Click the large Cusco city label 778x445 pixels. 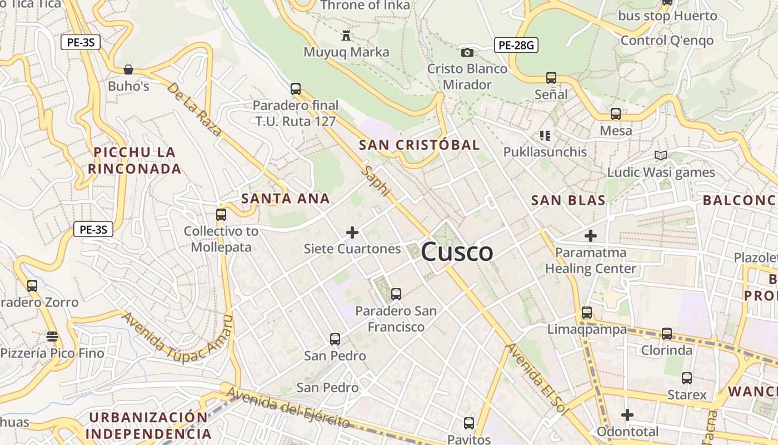tap(457, 252)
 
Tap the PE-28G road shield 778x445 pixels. tap(516, 45)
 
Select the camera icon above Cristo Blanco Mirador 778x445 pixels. tap(467, 52)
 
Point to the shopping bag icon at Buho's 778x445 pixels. tap(128, 70)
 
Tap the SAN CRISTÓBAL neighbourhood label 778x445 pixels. tap(419, 145)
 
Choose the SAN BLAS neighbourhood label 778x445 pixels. tap(568, 201)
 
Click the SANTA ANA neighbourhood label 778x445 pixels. tap(286, 199)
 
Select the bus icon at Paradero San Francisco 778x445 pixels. tap(396, 294)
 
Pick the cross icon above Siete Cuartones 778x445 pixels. tap(352, 232)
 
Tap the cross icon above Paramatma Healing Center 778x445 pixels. tap(590, 236)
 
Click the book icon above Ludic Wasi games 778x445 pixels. tap(660, 156)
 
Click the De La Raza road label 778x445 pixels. tap(194, 110)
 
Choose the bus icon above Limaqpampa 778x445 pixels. tap(587, 312)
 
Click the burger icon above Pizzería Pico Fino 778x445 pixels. tap(52, 336)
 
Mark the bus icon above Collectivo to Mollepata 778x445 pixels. tap(221, 214)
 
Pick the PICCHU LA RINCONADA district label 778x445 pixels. tap(134, 160)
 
